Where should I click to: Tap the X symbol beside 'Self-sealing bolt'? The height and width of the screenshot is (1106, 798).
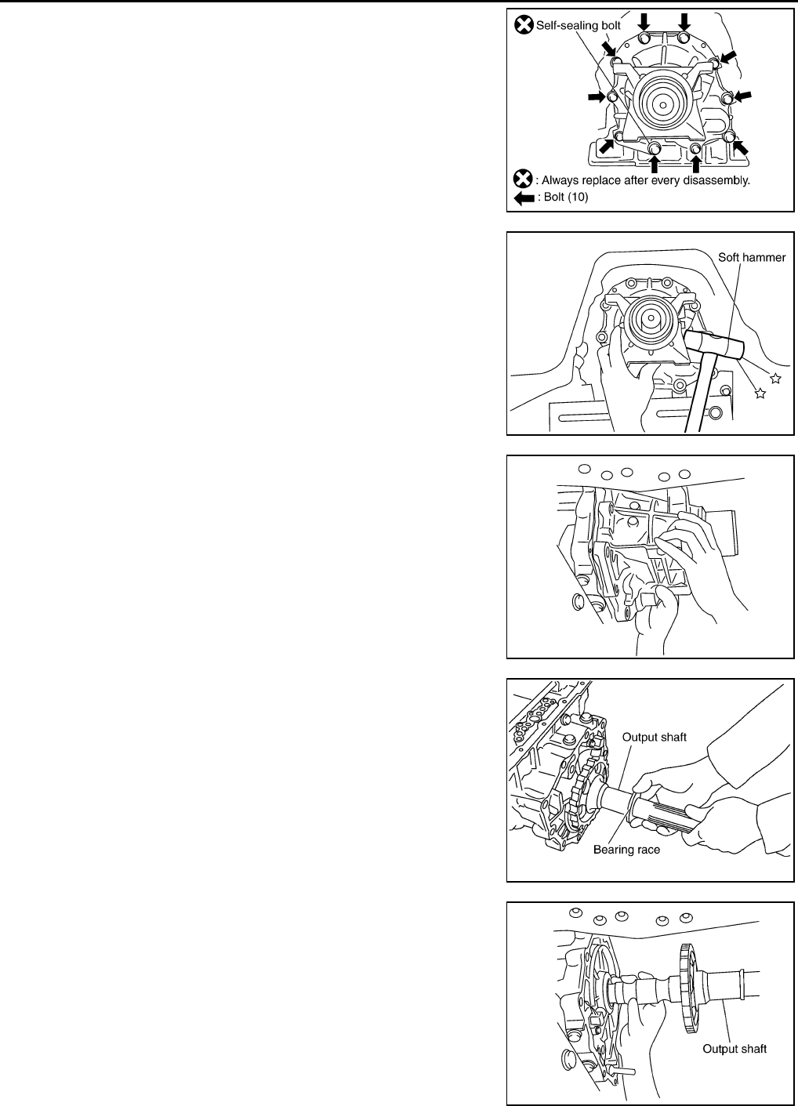[523, 26]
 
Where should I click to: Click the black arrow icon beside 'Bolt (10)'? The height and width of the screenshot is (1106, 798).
[523, 198]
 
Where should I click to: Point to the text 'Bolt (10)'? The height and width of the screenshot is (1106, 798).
[564, 198]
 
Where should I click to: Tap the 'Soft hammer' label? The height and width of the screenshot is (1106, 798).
[752, 256]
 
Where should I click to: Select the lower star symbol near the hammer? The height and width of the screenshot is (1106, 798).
[759, 393]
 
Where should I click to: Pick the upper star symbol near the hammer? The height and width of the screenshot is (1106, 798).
[775, 379]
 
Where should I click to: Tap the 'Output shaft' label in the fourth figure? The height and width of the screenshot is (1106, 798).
[655, 737]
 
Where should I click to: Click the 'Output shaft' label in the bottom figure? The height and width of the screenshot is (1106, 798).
[735, 1048]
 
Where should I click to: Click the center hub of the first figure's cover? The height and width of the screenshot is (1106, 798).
[663, 102]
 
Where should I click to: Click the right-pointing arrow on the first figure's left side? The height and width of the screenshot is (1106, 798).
[597, 96]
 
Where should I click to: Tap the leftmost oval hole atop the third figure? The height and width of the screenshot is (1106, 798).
[583, 470]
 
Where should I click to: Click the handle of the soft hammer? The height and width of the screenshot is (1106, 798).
[698, 400]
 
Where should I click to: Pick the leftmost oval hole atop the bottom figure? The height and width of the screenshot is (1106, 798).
[575, 913]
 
